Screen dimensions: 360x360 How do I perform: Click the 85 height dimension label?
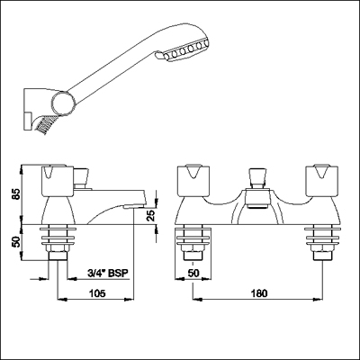pos(16,194)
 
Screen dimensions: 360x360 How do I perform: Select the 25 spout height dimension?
pos(152,216)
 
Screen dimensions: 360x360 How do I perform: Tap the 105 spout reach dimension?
pos(97,293)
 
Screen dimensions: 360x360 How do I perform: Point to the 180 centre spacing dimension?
pos(258,293)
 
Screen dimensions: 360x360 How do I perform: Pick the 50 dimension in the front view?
pos(193,274)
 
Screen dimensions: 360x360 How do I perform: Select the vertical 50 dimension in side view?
pos(16,242)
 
